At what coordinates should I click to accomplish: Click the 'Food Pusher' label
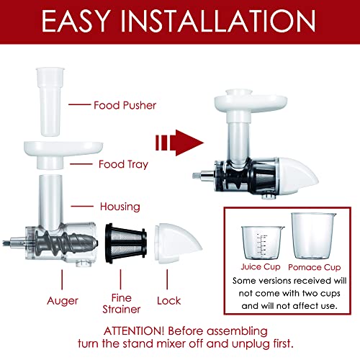coord(125,105)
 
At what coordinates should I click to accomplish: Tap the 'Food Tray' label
coord(123,165)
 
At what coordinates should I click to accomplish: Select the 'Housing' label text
coord(120,207)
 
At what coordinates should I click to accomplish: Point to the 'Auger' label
coord(63,301)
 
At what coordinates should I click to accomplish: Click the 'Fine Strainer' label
coord(122,304)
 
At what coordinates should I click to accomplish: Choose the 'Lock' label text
coord(169,301)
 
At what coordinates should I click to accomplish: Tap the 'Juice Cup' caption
coord(261,267)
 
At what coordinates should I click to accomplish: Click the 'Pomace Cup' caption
coord(315,267)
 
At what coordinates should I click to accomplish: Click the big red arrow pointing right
coord(179,143)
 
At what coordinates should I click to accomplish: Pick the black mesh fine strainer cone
coord(126,243)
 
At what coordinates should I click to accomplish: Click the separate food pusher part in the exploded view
coord(50,102)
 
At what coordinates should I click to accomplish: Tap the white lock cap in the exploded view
coord(178,243)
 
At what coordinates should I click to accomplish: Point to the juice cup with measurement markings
coord(262,243)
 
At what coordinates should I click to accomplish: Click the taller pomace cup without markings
coord(313,235)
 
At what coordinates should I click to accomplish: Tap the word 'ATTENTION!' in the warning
coord(134,331)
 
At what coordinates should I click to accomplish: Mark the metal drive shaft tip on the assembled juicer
coord(197,176)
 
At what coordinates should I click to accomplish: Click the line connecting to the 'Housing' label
coord(82,206)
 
